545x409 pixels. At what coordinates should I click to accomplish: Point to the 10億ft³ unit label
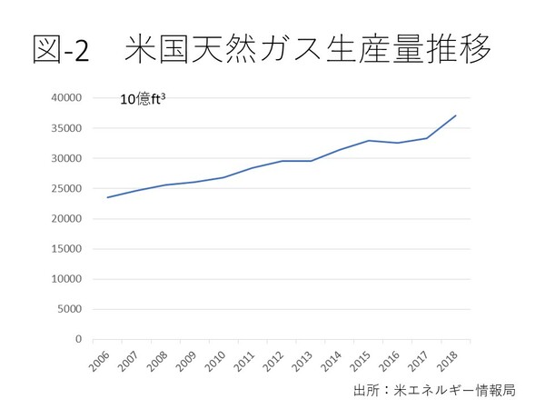pyautogui.click(x=144, y=100)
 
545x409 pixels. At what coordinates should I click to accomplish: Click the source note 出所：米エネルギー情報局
pyautogui.click(x=435, y=391)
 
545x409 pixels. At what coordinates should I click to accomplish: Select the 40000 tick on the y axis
pyautogui.click(x=67, y=98)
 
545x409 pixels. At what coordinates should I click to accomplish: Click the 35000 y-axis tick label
pyautogui.click(x=67, y=128)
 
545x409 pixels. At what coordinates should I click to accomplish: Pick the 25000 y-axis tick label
pyautogui.click(x=67, y=189)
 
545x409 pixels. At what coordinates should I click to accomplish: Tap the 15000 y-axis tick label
pyautogui.click(x=67, y=249)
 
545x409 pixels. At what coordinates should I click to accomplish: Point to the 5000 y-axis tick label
pyautogui.click(x=70, y=309)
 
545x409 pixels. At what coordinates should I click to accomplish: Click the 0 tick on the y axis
pyautogui.click(x=78, y=339)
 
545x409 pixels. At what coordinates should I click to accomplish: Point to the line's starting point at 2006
pyautogui.click(x=107, y=197)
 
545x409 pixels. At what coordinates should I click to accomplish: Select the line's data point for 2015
pyautogui.click(x=369, y=141)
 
